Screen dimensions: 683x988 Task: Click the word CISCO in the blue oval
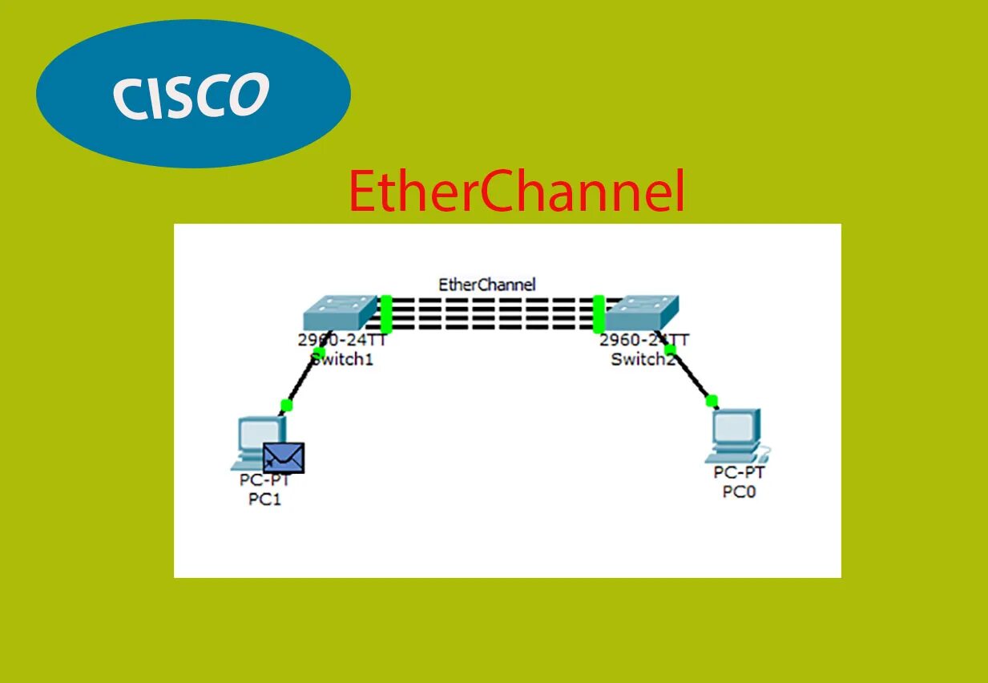pos(191,95)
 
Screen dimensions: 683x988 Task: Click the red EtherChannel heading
pos(517,192)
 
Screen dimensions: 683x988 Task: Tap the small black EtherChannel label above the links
pos(486,285)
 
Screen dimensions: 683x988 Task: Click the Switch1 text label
pos(342,360)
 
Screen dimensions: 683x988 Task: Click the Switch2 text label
pos(643,359)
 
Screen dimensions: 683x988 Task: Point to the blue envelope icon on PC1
pos(284,458)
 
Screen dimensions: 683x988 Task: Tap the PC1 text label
pos(265,500)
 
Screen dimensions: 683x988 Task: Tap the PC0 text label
pos(739,491)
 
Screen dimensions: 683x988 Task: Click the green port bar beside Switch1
pos(386,314)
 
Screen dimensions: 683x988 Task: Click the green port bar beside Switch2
pos(598,313)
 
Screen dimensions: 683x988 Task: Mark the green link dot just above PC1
pos(286,405)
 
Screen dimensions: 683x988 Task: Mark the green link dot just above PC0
pos(712,401)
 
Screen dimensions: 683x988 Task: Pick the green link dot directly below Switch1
pos(319,353)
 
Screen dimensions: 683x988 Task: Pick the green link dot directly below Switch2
pos(671,349)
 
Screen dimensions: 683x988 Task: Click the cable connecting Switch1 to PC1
pos(302,379)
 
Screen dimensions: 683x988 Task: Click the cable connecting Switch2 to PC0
pos(692,375)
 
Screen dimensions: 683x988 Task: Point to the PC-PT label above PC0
pos(739,472)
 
